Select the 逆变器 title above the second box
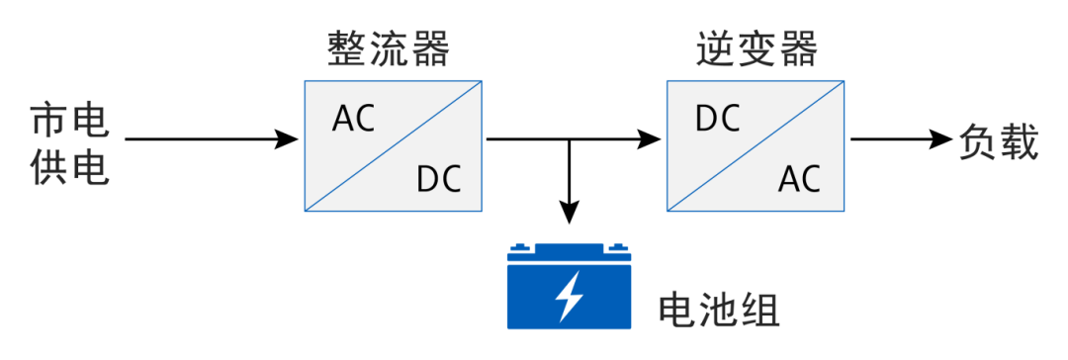[756, 48]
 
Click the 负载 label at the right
[999, 141]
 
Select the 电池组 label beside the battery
[719, 311]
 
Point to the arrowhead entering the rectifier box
[288, 139]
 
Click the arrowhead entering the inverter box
[650, 139]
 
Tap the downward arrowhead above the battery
[569, 212]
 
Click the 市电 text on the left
[69, 121]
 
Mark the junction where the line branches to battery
[569, 139]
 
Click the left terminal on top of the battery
[522, 248]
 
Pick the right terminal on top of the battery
[616, 248]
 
